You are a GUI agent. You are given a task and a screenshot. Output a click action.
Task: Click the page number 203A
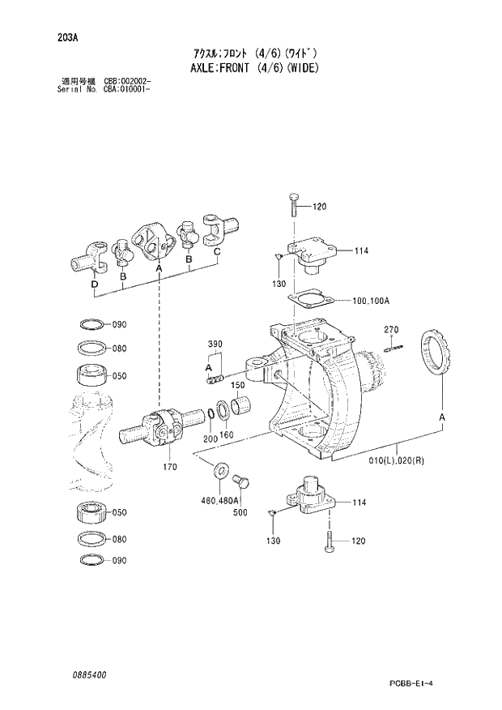click(x=67, y=36)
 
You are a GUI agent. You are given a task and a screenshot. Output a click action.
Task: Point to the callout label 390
click(x=215, y=344)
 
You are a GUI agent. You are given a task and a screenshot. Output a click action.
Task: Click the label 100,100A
click(x=371, y=301)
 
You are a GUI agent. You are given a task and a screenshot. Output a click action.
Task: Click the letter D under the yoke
click(x=95, y=285)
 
